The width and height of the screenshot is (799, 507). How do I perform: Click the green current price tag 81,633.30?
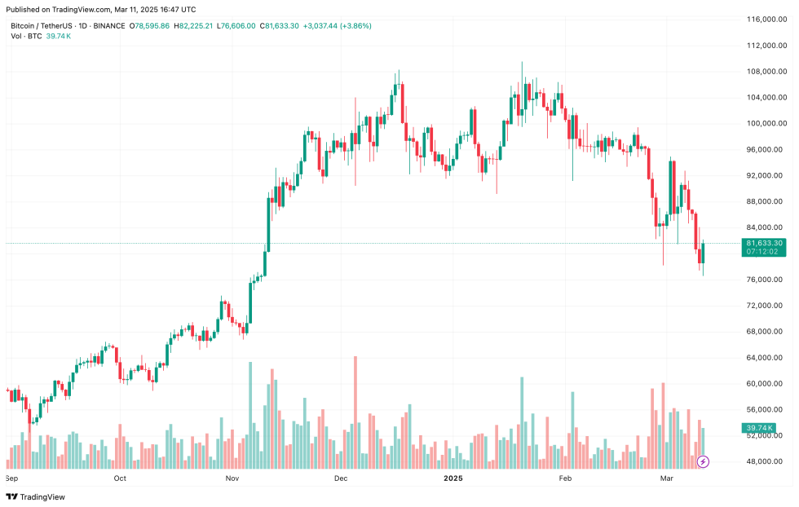coord(764,243)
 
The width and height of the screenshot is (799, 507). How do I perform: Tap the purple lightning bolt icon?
coord(703,461)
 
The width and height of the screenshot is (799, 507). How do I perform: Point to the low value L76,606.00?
coord(237,26)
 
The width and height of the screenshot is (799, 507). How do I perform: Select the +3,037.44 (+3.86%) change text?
coord(337,26)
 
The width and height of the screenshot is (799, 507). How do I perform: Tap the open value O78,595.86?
coord(152,26)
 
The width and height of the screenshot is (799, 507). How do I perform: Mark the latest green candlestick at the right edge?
coord(703,253)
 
